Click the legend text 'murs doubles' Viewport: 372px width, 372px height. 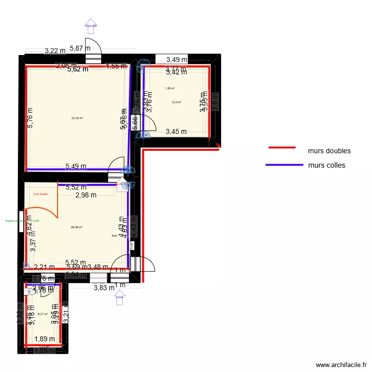click(329, 151)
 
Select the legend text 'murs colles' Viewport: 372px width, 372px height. click(326, 165)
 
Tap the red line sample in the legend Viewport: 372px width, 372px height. click(282, 148)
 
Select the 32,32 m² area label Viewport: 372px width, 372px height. click(77, 118)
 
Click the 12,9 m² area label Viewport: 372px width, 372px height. click(176, 102)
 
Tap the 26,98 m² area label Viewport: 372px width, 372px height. click(77, 227)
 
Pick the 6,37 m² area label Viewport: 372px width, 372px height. click(43, 313)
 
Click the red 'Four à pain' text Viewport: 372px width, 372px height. click(40, 194)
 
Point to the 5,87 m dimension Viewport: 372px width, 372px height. click(80, 48)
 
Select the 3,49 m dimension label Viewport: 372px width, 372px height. click(177, 60)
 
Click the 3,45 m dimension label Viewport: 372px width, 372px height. click(176, 131)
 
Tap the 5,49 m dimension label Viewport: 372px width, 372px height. click(76, 167)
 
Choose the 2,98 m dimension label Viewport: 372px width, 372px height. click(86, 195)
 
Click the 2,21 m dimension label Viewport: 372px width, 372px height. click(44, 267)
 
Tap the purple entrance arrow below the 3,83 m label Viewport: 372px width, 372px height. click(120, 297)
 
